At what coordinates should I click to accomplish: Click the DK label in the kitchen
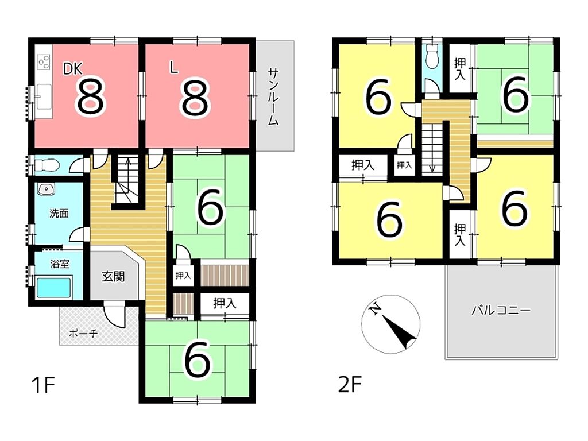[72, 69]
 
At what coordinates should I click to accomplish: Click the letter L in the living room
[173, 68]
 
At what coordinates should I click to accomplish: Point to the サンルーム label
[273, 96]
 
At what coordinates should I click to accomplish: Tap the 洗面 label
[59, 214]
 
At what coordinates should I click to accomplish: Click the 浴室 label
[60, 264]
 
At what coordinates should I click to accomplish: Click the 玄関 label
[113, 277]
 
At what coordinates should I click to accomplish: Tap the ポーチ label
[84, 332]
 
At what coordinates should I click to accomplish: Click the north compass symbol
[390, 324]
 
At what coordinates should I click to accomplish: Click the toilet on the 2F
[432, 58]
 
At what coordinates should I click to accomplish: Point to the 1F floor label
[43, 385]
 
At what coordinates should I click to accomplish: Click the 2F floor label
[350, 385]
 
